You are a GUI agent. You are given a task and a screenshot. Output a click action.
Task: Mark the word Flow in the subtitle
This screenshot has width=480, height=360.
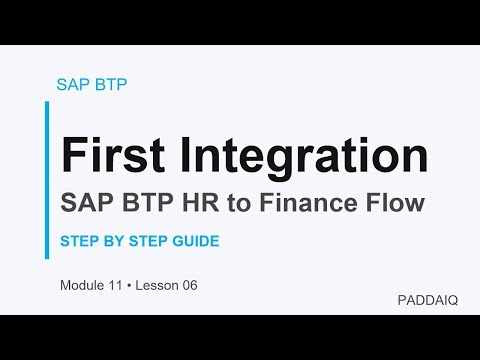coord(397,203)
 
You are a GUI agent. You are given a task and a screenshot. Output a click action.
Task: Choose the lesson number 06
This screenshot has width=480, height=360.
coord(189,286)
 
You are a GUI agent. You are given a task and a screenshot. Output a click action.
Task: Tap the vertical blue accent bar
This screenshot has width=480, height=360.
coord(47,180)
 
